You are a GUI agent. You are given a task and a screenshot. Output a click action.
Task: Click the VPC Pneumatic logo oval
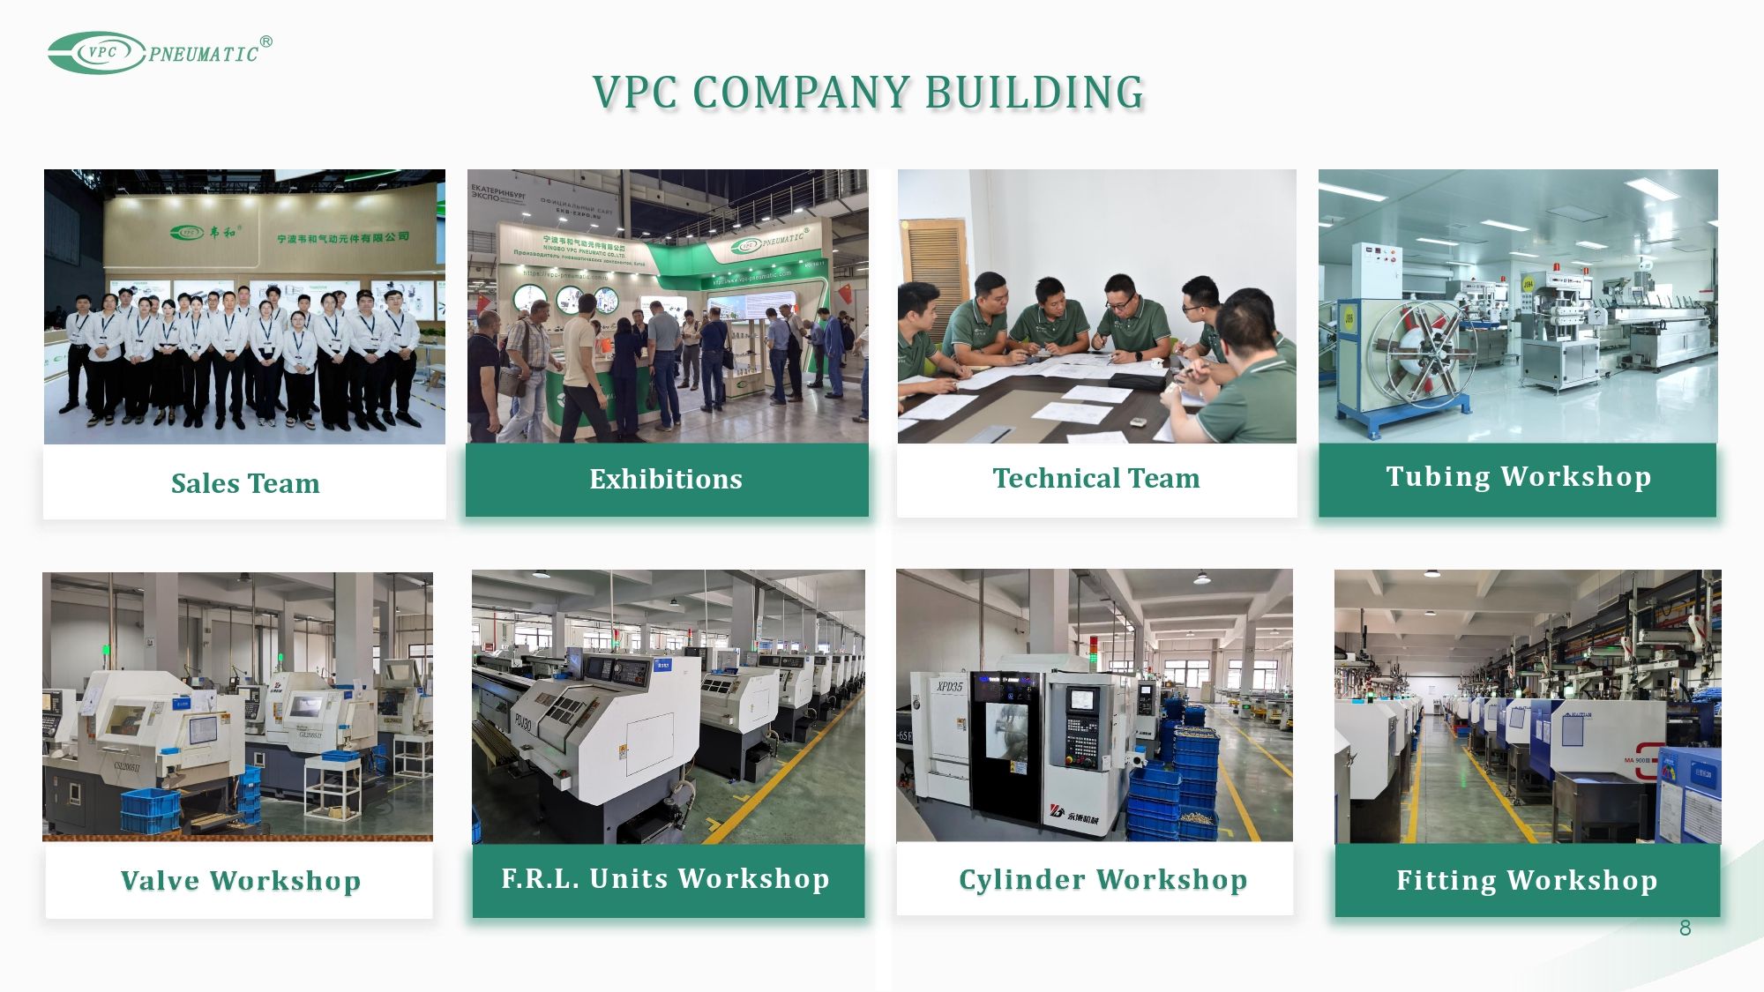coord(97,53)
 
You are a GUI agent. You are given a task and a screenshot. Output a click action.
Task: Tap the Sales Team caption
coord(245,483)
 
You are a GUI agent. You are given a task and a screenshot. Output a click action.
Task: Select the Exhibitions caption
coord(666,479)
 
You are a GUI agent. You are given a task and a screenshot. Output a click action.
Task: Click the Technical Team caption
coord(1096,478)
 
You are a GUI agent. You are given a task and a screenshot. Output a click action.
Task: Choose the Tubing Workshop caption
coord(1518,476)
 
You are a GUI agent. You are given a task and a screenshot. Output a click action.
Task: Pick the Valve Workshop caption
coord(240,880)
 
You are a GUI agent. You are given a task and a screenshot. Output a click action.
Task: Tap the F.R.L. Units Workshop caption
coord(666,878)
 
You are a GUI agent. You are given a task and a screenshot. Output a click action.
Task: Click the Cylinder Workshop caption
coord(1102,879)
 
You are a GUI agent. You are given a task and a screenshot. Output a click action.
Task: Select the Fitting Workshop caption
coord(1527,880)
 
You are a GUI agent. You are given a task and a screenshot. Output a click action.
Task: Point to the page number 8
coord(1685,928)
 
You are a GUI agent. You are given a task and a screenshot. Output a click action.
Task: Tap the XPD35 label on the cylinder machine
coord(949,686)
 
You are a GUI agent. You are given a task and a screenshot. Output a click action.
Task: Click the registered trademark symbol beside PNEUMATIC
coord(266,41)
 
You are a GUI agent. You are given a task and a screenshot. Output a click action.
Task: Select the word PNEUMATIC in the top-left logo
coord(204,55)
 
